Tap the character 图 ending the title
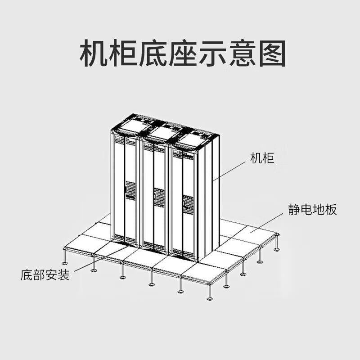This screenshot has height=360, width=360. [x=272, y=54]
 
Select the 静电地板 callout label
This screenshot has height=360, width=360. [x=312, y=209]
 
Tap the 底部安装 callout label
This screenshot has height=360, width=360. [x=45, y=275]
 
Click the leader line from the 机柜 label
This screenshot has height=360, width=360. [x=232, y=171]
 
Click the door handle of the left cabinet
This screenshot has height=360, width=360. [x=125, y=188]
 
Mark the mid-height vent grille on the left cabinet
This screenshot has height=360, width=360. [x=130, y=190]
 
